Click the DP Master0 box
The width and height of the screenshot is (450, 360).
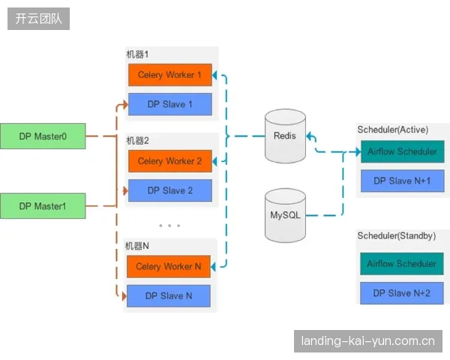point(43,136)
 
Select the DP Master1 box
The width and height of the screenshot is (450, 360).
point(43,205)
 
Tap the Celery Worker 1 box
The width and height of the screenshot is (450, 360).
point(170,75)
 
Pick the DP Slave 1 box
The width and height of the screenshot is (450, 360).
point(170,104)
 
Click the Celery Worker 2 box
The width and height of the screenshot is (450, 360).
point(170,161)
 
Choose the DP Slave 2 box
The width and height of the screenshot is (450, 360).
point(170,190)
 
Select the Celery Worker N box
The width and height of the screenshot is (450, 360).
point(169,266)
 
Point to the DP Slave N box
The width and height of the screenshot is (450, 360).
point(169,296)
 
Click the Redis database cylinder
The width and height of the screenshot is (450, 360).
point(285,136)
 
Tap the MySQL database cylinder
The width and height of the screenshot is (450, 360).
point(285,215)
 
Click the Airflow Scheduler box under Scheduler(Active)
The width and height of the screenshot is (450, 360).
point(402,151)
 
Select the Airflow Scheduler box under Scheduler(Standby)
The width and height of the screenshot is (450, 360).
point(402,264)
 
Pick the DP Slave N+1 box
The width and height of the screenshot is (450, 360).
point(402,181)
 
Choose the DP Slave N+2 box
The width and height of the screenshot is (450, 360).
point(402,293)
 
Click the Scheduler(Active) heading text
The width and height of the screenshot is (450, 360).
point(392,130)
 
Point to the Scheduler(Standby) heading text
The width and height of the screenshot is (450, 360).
point(396,236)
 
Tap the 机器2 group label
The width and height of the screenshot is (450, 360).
point(138,141)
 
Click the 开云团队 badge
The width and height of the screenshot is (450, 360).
point(38,19)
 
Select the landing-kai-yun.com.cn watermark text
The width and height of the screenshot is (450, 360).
point(368,341)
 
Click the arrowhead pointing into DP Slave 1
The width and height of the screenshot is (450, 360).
point(125,104)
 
